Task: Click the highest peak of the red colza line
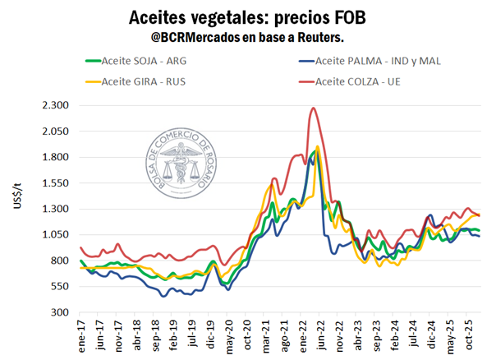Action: coord(314,108)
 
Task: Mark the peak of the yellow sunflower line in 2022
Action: coord(317,147)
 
